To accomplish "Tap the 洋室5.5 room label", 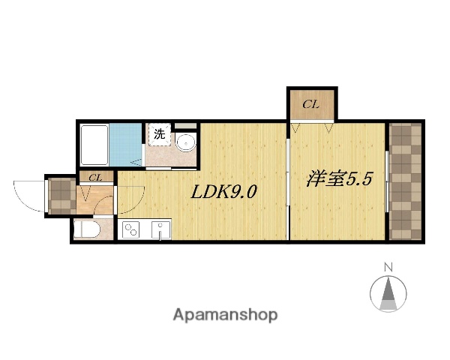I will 338,181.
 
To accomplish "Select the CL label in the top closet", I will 310,105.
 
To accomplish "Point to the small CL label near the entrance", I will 95,178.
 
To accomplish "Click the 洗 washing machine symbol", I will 159,135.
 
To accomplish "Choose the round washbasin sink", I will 185,141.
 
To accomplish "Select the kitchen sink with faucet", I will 160,229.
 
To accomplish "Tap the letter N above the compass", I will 388,267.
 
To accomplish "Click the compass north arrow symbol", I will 388,294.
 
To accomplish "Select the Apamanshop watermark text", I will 225,315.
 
